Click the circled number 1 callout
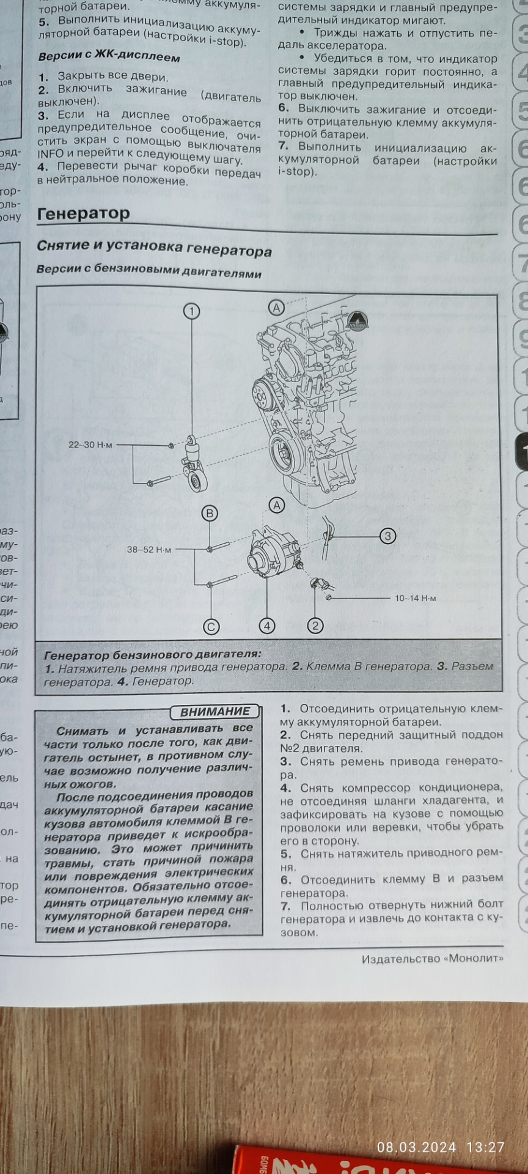[x=192, y=311]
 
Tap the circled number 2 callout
[x=315, y=625]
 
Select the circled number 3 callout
[x=387, y=536]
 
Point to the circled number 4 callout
[x=266, y=626]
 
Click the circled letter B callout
[x=210, y=513]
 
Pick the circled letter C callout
[x=211, y=626]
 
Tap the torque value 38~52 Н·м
[x=149, y=550]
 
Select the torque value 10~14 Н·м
[x=416, y=598]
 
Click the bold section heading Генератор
[x=84, y=213]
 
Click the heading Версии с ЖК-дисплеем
[x=109, y=57]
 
